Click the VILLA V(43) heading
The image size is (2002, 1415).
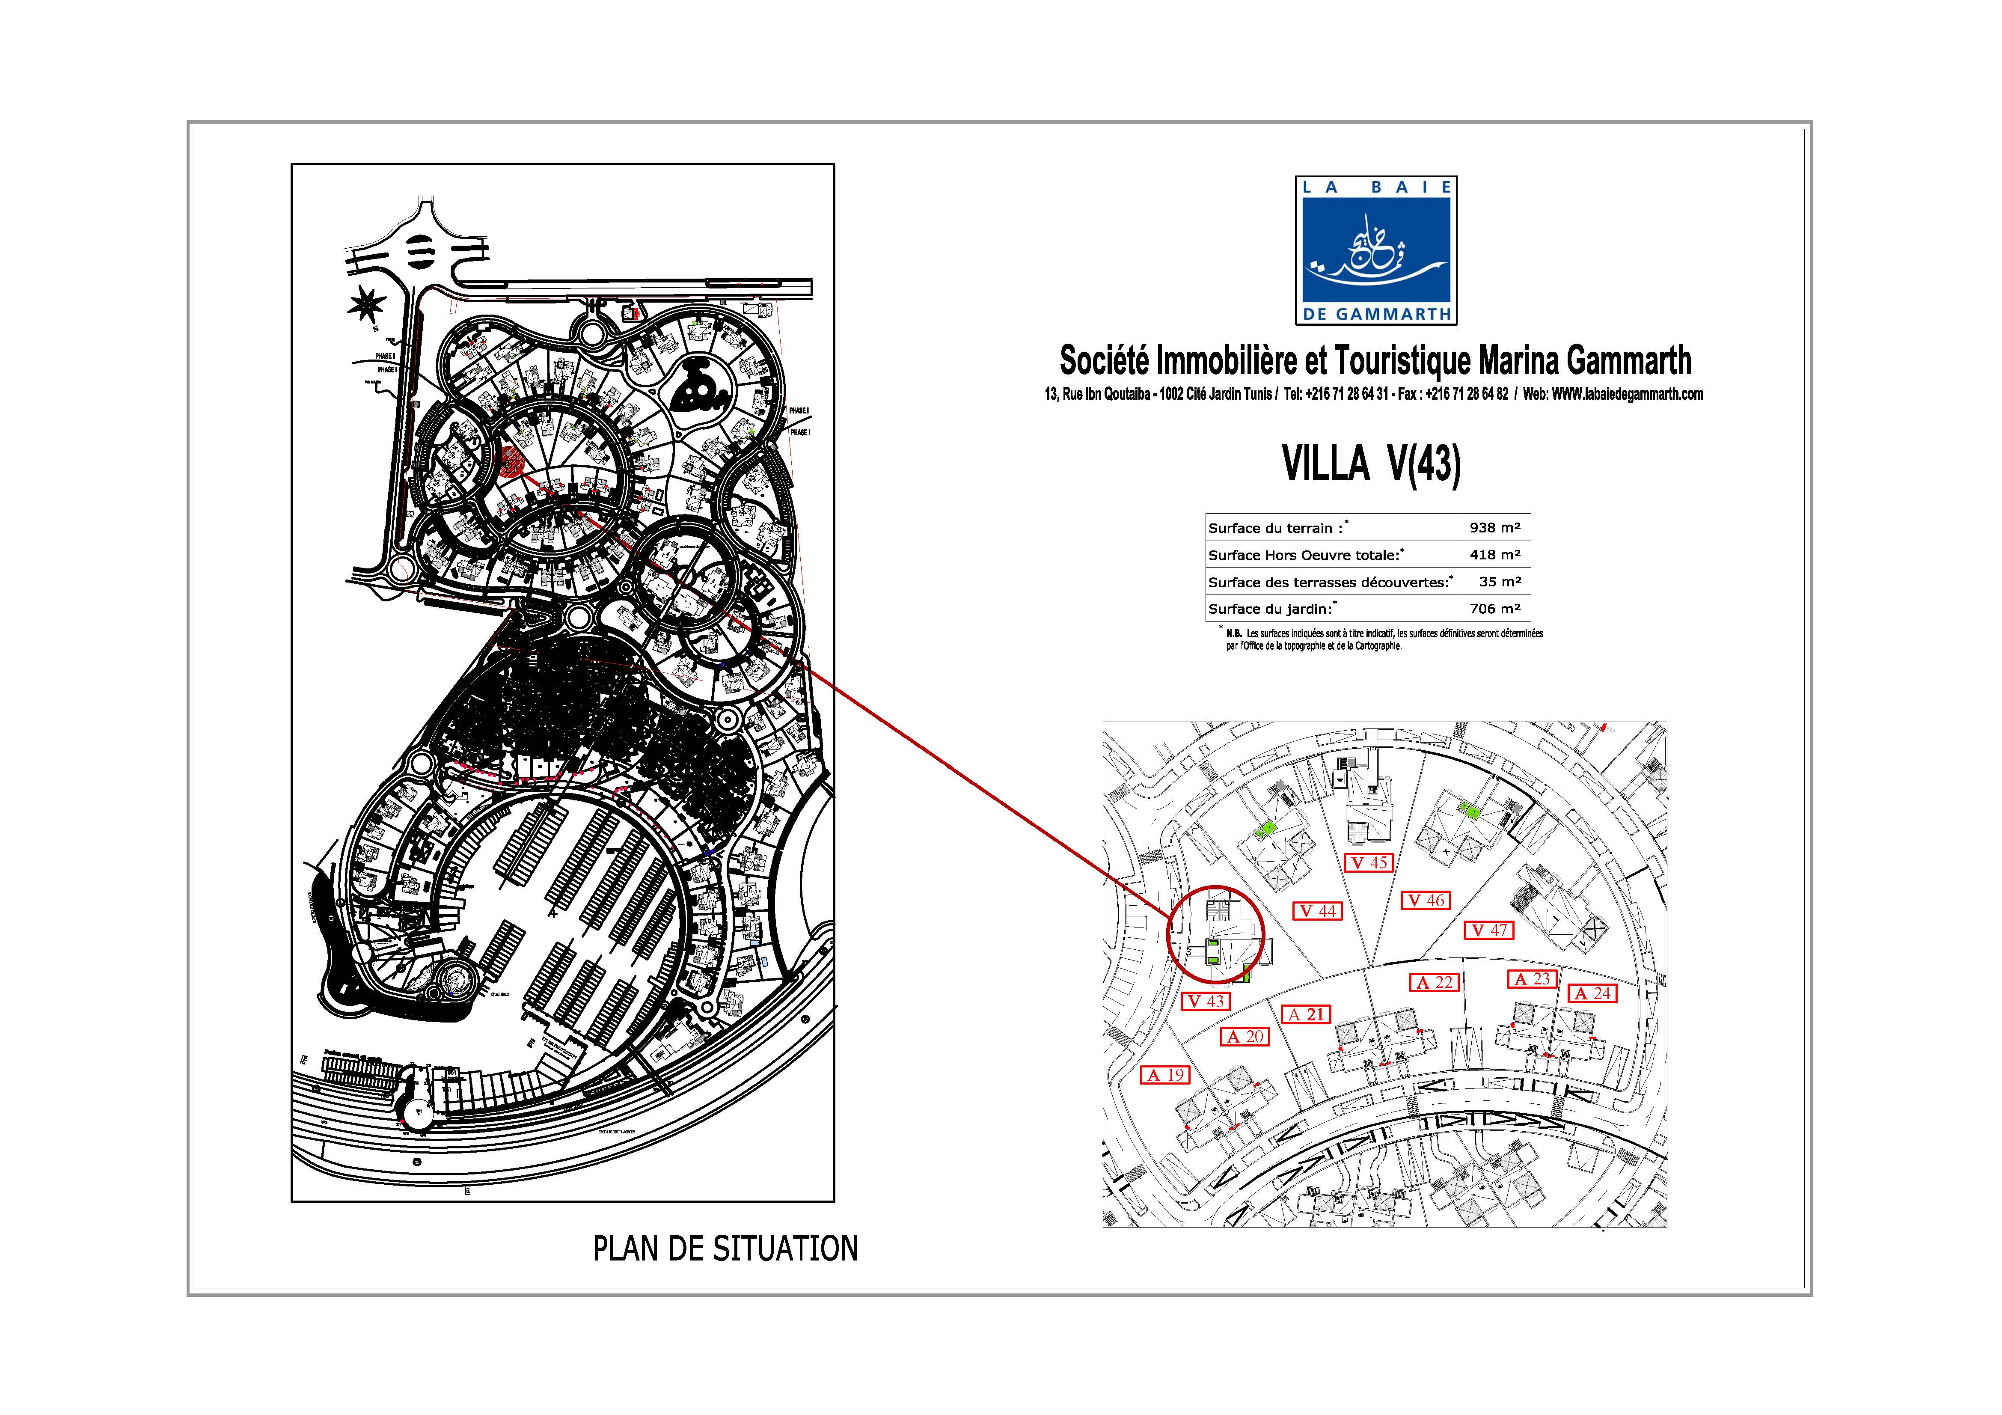click(1371, 464)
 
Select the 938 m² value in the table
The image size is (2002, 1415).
click(1494, 527)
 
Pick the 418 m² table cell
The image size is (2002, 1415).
click(1494, 555)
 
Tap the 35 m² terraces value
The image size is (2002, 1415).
click(1499, 582)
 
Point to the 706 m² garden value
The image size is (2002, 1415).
click(1494, 609)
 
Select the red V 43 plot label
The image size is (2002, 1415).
click(1206, 1002)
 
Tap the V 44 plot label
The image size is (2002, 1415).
click(1317, 911)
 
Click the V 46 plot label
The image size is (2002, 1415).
click(1425, 901)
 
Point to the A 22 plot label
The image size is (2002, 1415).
click(1435, 983)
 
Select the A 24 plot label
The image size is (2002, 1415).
click(1592, 993)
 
